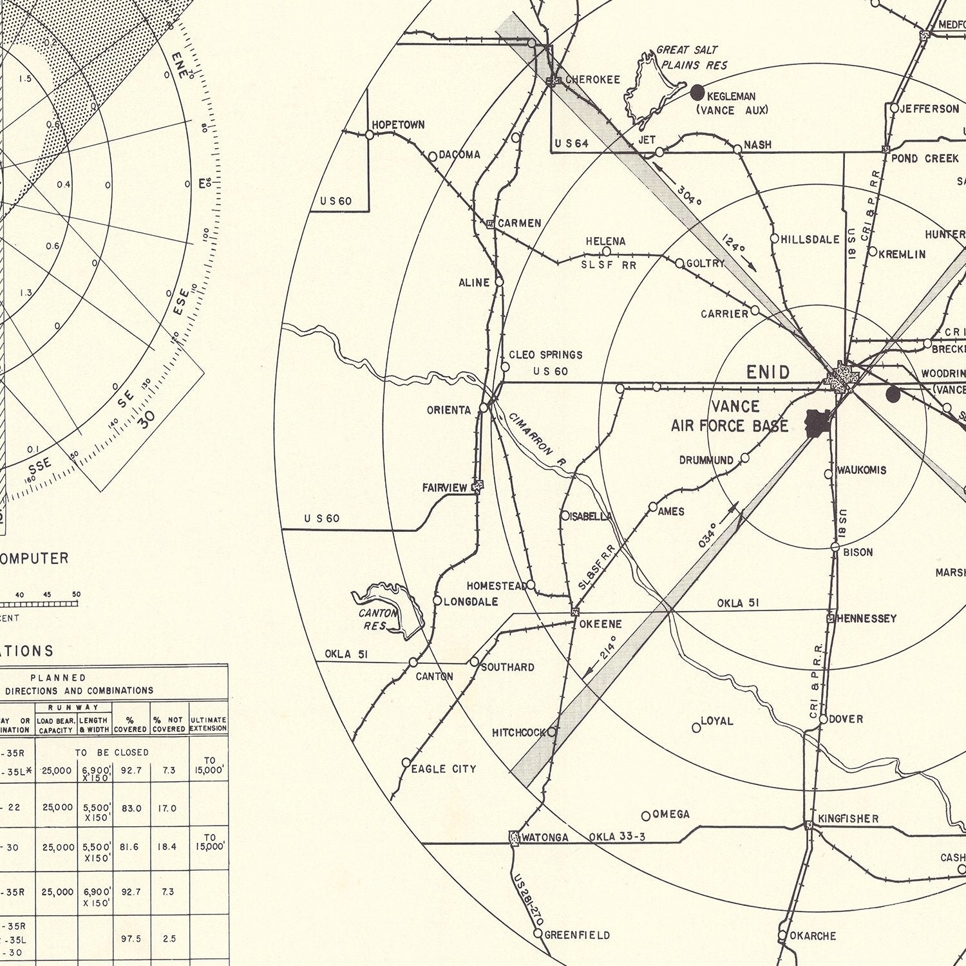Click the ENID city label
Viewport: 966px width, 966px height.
(768, 372)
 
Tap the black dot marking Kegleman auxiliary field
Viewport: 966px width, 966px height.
(697, 93)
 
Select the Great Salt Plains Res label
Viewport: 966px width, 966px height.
(691, 57)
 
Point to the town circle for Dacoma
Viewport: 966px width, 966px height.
(433, 156)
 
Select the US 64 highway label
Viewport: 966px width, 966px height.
(571, 144)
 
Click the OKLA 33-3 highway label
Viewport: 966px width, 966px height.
(617, 837)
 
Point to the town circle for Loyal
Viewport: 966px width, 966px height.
(696, 728)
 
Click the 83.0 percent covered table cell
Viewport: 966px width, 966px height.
(131, 808)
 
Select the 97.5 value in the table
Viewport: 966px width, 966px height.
(131, 939)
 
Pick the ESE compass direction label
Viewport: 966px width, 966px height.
(182, 302)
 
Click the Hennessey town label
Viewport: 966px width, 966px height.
(866, 618)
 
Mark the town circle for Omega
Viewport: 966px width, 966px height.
(646, 816)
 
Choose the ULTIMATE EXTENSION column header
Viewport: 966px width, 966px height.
(209, 724)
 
